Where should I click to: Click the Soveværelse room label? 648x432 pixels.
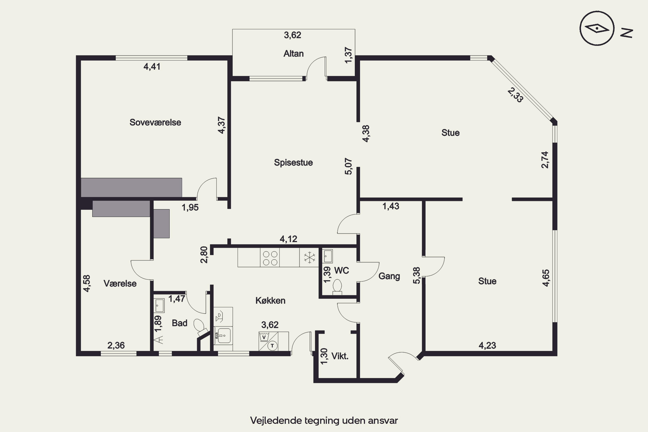[155, 122]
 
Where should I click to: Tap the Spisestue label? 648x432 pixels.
[293, 163]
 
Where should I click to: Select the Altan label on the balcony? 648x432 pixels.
[294, 53]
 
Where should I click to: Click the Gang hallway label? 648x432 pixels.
[389, 276]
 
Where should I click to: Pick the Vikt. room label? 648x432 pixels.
[340, 356]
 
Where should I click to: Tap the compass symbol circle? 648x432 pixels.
[597, 28]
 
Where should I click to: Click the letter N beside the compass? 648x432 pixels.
[627, 33]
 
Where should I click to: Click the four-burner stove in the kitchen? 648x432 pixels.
[270, 258]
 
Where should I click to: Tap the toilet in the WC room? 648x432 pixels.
[337, 287]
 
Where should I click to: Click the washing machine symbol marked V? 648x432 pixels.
[264, 337]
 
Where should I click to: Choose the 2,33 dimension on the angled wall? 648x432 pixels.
[515, 95]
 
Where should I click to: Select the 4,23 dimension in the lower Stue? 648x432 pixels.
[487, 345]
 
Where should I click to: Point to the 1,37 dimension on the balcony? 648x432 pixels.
[349, 55]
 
